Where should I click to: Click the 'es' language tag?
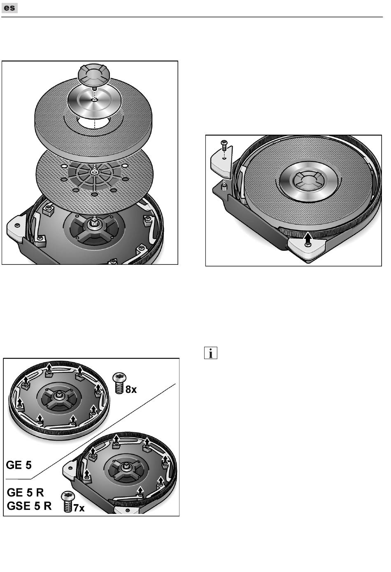(9, 8)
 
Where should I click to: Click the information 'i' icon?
(211, 353)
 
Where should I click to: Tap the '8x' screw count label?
(131, 390)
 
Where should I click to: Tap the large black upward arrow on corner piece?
(309, 237)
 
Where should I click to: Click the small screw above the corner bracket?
(224, 145)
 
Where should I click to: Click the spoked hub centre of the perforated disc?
(94, 173)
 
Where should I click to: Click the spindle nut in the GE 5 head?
(59, 395)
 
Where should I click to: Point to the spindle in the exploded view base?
(94, 223)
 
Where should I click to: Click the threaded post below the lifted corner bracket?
(224, 188)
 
